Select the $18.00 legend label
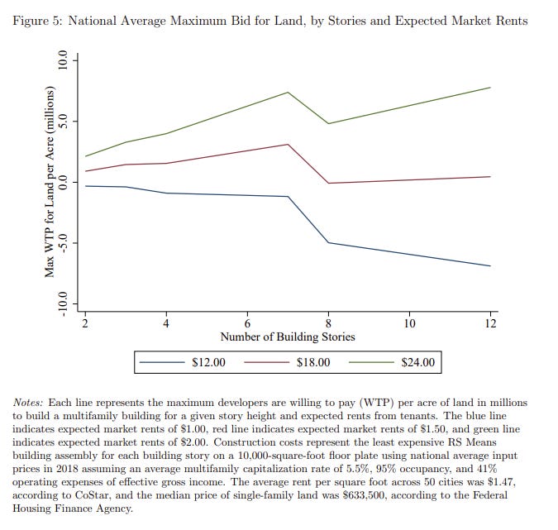coord(312,362)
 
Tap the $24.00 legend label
coord(417,362)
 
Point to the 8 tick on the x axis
coord(328,323)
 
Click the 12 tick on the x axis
coord(490,323)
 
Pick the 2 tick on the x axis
coord(85,323)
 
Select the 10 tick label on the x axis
coord(409,323)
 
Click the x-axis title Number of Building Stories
coord(288,337)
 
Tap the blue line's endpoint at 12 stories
coord(490,266)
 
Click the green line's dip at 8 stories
coord(328,124)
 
